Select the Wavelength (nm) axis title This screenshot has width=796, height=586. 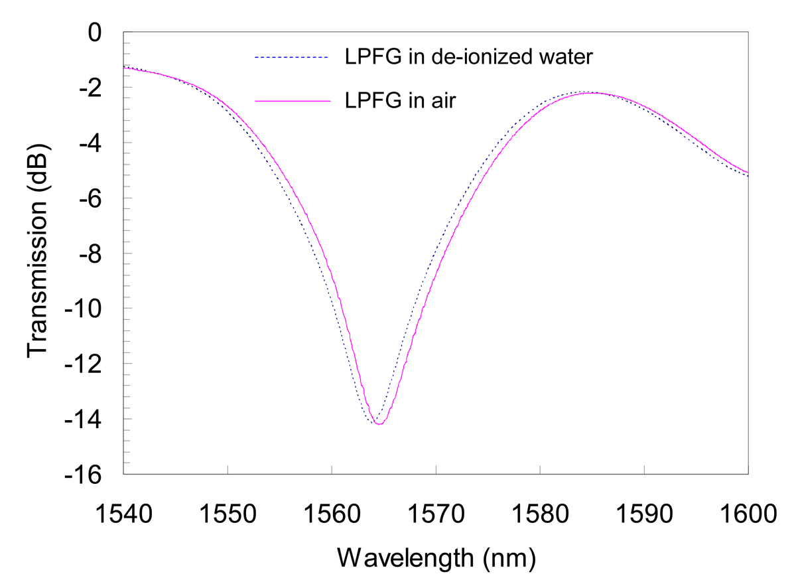click(x=436, y=557)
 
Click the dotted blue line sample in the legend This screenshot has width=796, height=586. click(x=292, y=58)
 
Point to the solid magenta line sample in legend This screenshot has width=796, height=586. click(x=292, y=102)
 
